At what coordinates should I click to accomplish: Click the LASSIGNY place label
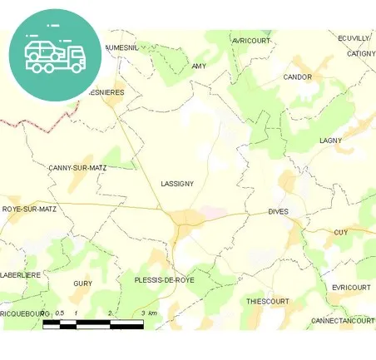coord(177,183)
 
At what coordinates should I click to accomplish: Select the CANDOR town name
coord(297,77)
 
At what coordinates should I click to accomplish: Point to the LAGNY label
coord(330,141)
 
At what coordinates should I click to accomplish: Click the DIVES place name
coord(278,212)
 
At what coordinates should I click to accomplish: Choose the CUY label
coord(340,233)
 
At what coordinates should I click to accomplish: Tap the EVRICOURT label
coord(350,287)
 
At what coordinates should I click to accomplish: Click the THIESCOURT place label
coord(268,301)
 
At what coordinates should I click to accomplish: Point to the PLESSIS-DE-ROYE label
coord(164,280)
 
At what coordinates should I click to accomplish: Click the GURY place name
coord(82,284)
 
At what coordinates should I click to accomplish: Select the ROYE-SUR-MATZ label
coord(29,210)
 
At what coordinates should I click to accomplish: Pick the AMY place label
coord(199,66)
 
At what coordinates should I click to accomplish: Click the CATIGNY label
coord(362,53)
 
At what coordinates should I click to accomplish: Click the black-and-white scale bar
coord(92,323)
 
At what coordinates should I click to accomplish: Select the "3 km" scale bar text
coord(149,313)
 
